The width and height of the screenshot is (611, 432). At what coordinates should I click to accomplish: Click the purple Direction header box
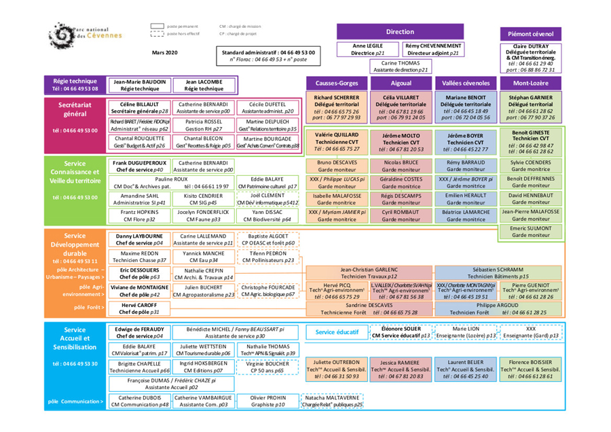point(400,32)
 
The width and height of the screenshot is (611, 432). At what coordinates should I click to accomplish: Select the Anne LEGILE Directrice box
point(367,49)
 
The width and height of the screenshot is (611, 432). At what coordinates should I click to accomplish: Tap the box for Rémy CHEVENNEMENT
point(433,49)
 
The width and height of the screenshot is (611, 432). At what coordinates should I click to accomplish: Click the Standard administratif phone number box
point(268,56)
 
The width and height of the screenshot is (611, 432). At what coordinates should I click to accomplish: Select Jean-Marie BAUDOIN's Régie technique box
point(140,85)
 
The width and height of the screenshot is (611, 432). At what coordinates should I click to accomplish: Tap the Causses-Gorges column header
point(337,83)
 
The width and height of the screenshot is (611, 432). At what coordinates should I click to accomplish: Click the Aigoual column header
point(401,83)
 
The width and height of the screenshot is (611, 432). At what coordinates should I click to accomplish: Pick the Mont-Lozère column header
point(531,83)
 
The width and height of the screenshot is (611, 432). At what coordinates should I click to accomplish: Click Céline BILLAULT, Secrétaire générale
point(140,107)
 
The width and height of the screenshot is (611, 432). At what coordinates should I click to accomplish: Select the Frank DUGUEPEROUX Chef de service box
point(140,166)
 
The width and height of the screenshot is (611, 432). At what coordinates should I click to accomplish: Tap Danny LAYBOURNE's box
point(140,239)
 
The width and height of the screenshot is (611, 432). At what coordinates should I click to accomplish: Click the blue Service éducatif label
point(337,332)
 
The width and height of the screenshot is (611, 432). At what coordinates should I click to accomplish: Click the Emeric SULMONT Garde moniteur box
point(531,232)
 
